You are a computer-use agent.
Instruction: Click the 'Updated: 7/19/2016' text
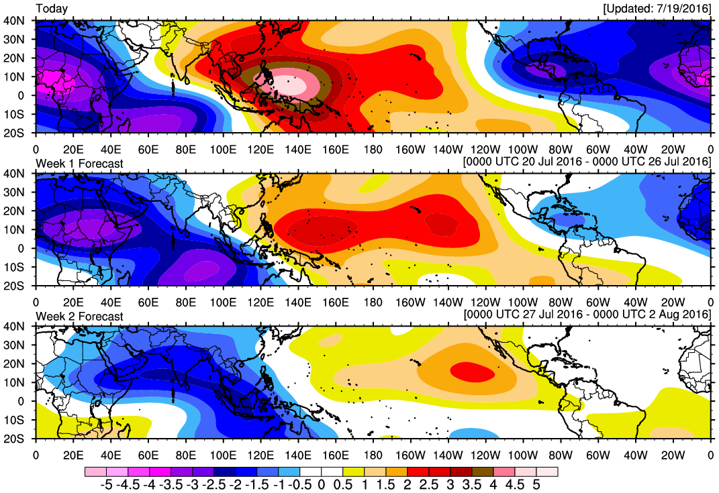657,9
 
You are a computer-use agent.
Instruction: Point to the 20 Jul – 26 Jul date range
587,162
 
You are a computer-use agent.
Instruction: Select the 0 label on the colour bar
322,484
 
